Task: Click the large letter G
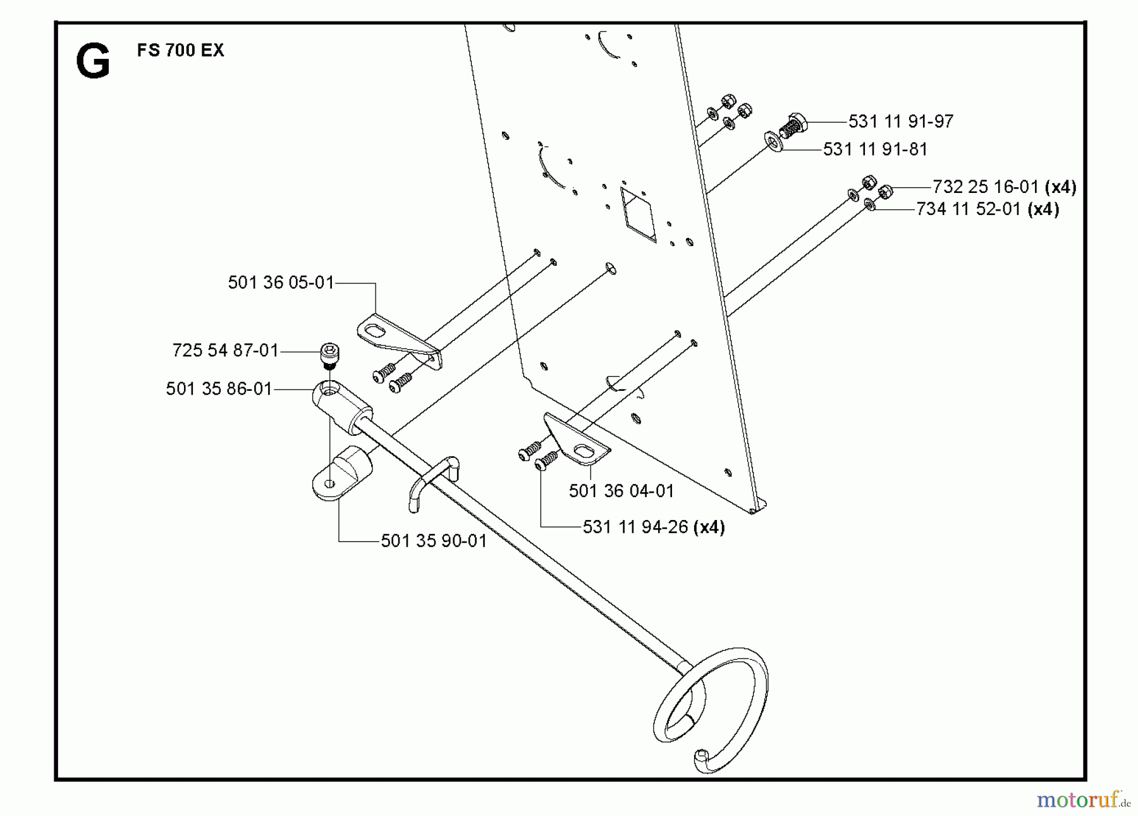(93, 61)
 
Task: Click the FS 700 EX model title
(180, 51)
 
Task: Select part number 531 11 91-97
(901, 121)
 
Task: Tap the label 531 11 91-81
(876, 149)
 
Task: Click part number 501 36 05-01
(281, 282)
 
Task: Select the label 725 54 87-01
(226, 350)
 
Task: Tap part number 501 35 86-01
(219, 388)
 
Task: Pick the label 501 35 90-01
(434, 541)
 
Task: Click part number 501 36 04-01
(621, 491)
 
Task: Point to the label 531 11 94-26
(635, 527)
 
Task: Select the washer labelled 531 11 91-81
(773, 141)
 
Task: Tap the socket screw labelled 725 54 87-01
(329, 356)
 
